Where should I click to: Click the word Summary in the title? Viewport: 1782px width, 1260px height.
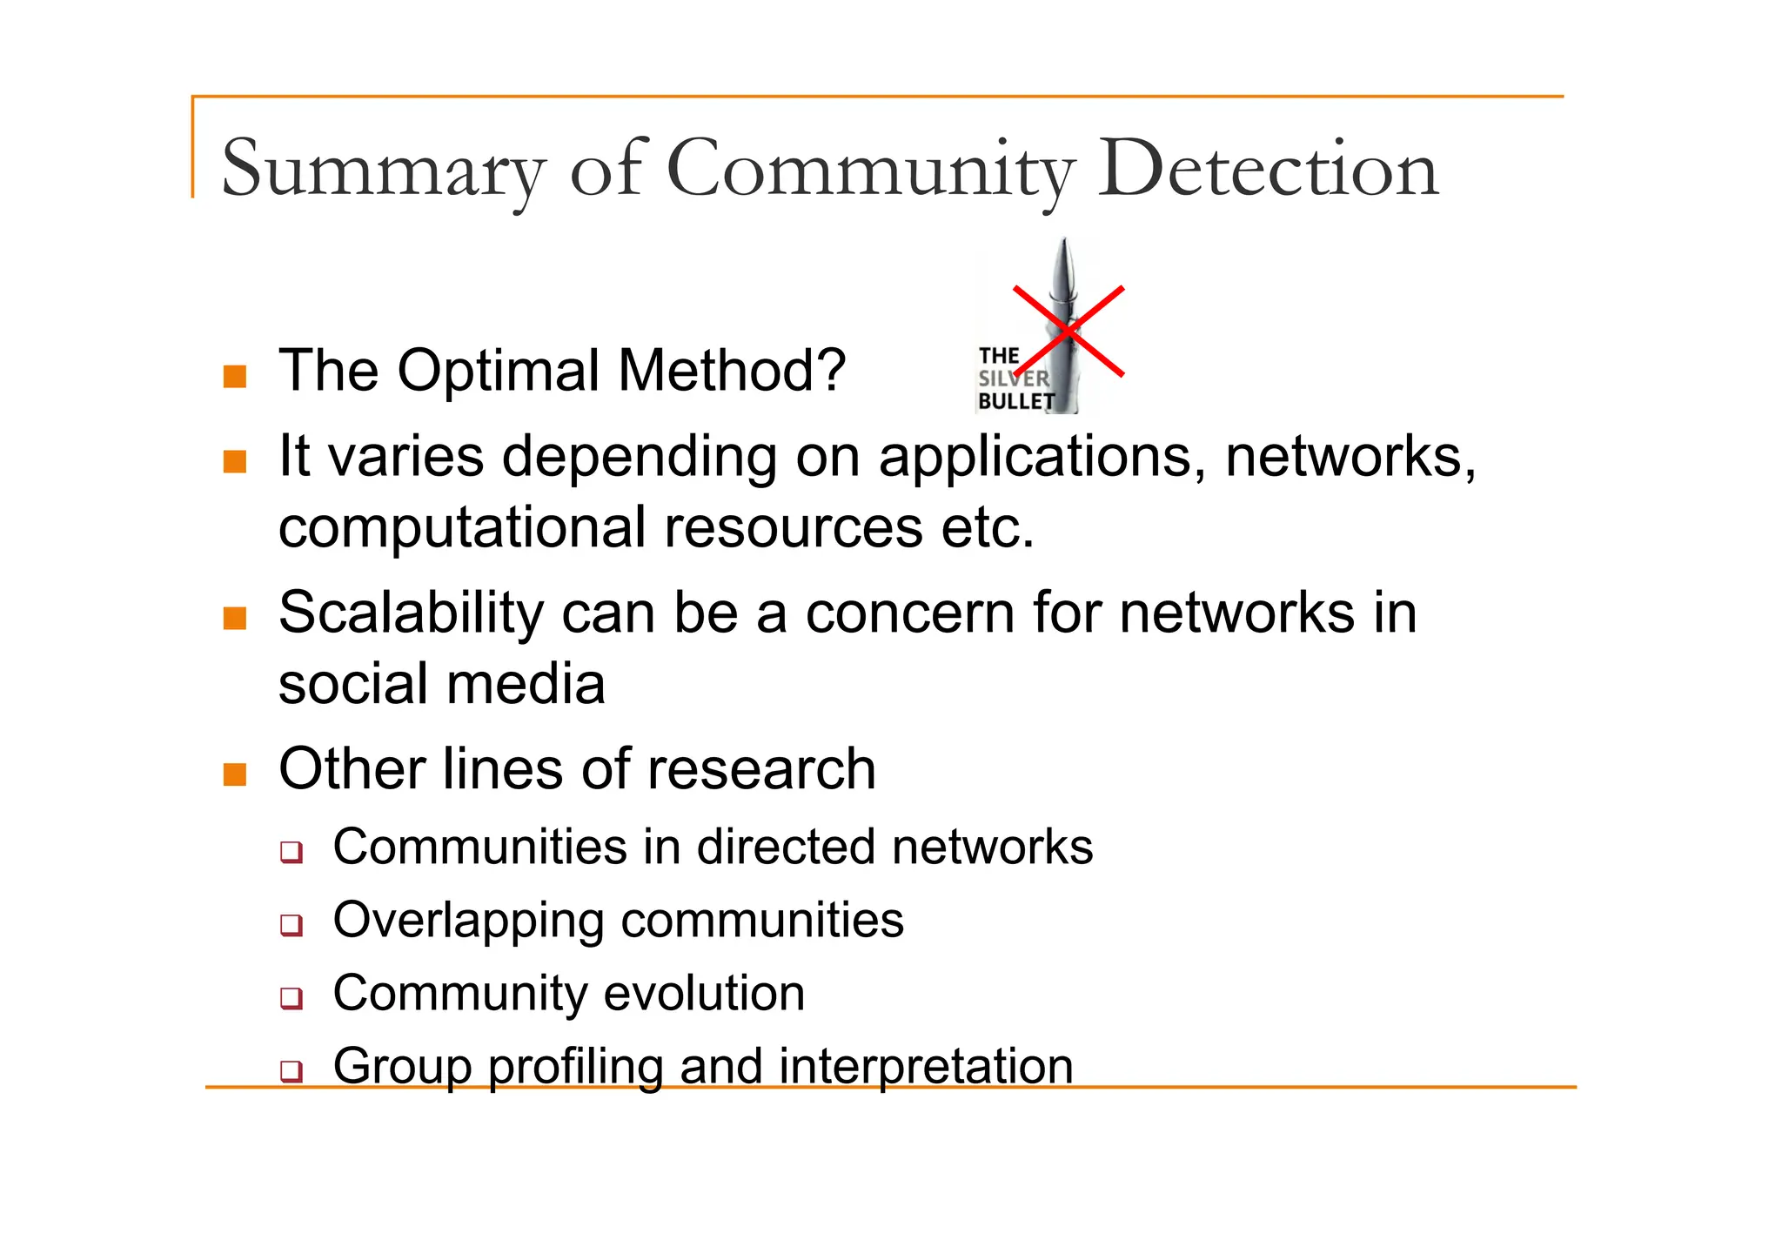(384, 170)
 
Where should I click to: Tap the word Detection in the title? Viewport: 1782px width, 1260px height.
(1267, 170)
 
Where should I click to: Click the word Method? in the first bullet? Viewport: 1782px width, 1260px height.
(732, 371)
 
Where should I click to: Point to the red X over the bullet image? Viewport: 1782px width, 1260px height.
(1069, 332)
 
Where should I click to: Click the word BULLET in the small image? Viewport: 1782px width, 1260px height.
(1015, 401)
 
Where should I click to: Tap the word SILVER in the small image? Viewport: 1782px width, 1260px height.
(1014, 379)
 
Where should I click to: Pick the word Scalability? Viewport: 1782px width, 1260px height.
(411, 613)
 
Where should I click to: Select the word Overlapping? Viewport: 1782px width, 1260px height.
(467, 921)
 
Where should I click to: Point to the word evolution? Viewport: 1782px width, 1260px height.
(704, 993)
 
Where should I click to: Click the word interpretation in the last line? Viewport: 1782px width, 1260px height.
(926, 1066)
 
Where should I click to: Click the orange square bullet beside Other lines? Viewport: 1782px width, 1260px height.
(235, 774)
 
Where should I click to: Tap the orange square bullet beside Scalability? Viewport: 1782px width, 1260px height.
(235, 618)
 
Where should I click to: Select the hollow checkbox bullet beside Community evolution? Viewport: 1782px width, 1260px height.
(291, 997)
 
